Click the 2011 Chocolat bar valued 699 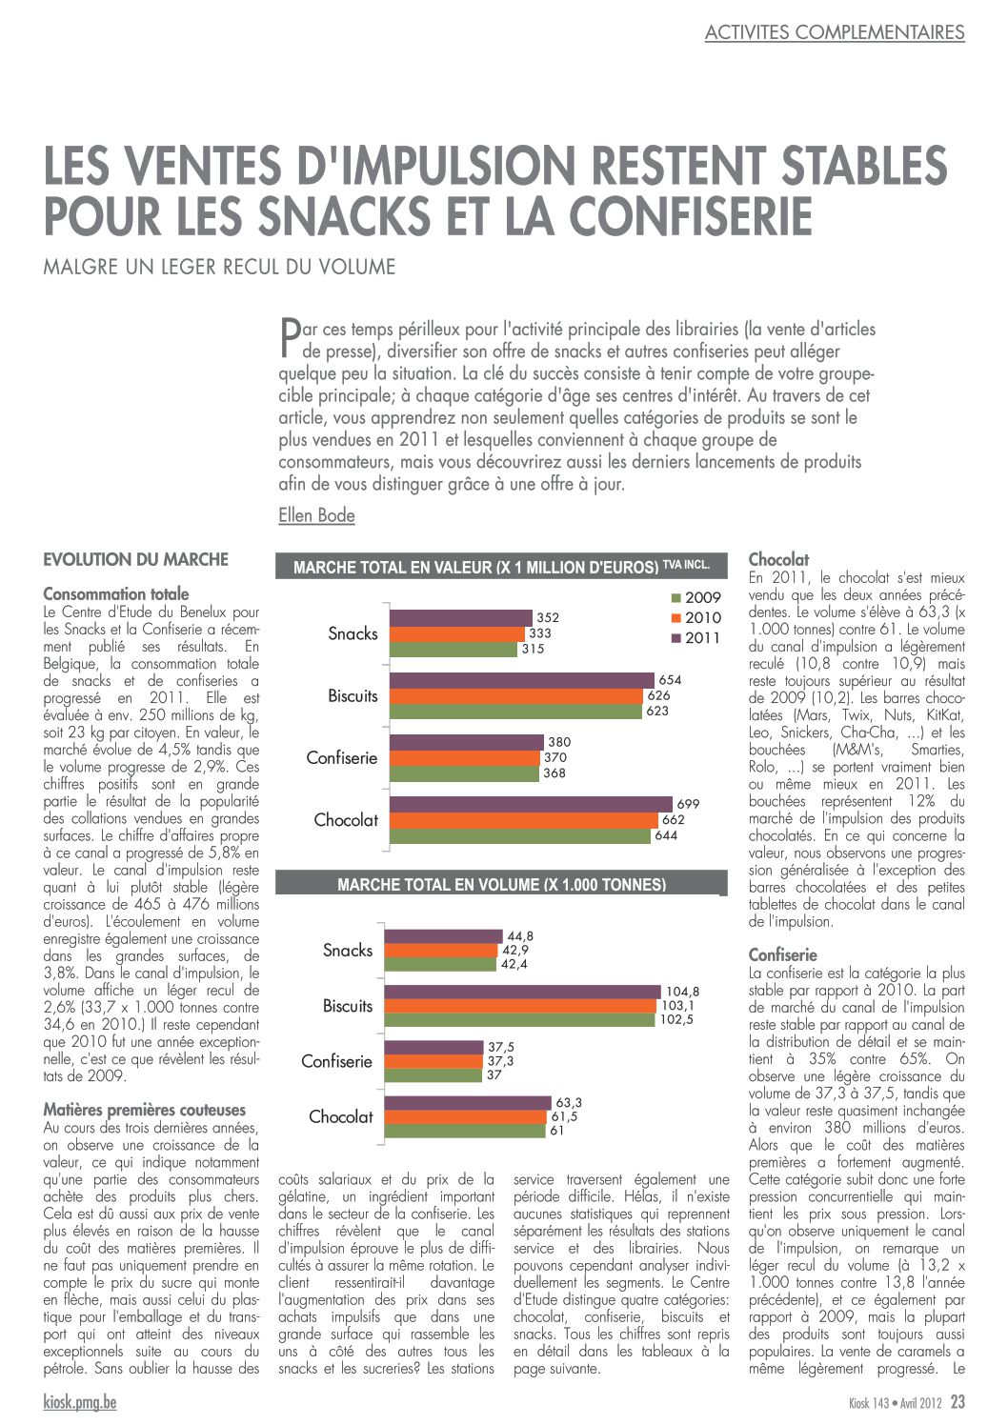(x=531, y=804)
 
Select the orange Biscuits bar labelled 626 (x=516, y=696)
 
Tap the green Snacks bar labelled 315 (x=454, y=649)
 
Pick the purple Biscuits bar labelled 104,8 (x=522, y=992)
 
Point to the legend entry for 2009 (x=696, y=597)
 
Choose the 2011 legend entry (x=696, y=637)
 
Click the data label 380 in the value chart (x=559, y=742)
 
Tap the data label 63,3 (x=569, y=1102)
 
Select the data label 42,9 (x=515, y=950)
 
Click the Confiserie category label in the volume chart (x=336, y=1061)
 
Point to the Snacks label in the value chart (x=353, y=633)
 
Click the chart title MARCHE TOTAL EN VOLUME (x=501, y=885)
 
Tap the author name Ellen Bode (x=316, y=515)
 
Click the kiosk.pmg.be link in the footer (x=79, y=1402)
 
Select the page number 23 (x=958, y=1401)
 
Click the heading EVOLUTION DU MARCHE (x=135, y=560)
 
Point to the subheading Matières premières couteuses (x=145, y=1110)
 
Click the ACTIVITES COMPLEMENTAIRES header (x=835, y=31)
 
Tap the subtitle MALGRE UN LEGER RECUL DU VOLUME (x=219, y=267)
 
